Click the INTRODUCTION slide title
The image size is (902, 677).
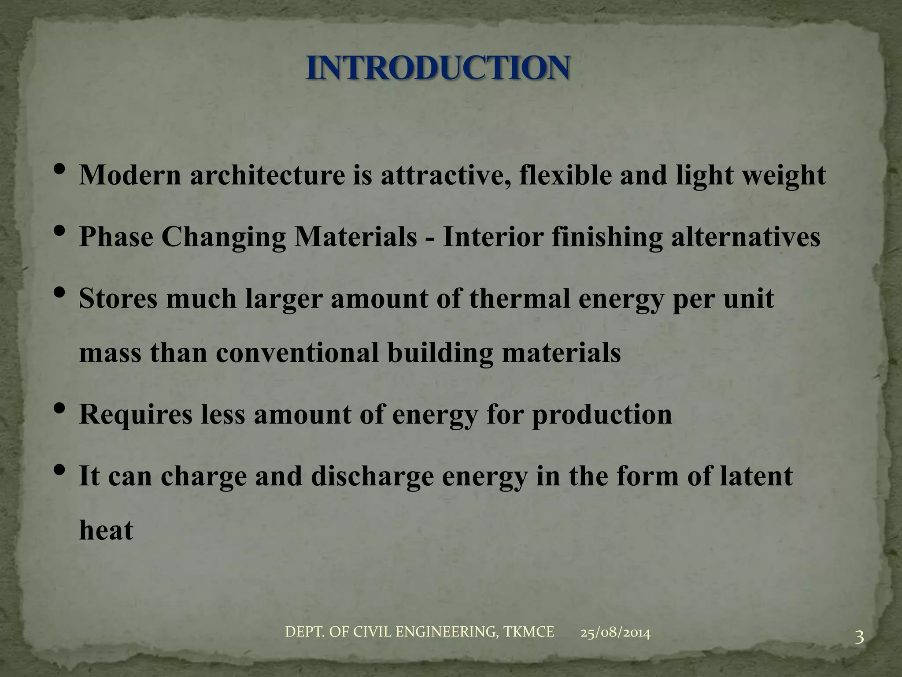[x=438, y=68]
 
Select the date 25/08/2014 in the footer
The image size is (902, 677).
[x=615, y=633]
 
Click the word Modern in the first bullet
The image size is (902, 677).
[x=130, y=175]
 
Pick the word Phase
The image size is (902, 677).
[x=116, y=237]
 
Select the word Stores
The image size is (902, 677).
[x=118, y=298]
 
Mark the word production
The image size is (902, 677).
[x=602, y=415]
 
